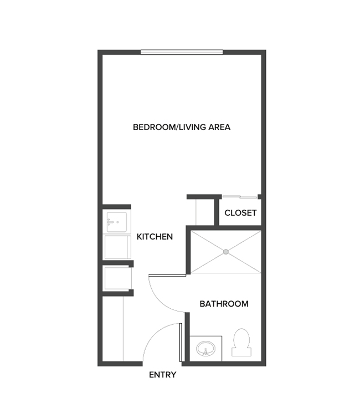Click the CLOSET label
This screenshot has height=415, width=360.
point(240,212)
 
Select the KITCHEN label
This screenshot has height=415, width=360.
point(155,237)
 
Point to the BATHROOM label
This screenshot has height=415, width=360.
point(224,304)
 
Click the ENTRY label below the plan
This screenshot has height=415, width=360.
point(163,375)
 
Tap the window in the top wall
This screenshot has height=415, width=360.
point(182,53)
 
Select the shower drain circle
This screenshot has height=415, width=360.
point(226,251)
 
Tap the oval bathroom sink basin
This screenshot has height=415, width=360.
point(205,349)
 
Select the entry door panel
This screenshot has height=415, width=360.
point(181,343)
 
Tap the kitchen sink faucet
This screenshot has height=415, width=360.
point(111,222)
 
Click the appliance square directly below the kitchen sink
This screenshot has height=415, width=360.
point(117,247)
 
